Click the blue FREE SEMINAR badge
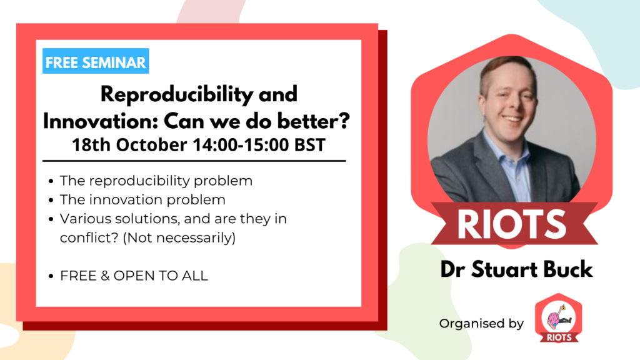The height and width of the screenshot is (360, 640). tap(96, 62)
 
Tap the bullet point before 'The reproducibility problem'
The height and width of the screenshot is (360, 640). tap(51, 182)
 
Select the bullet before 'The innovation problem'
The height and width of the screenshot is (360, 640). tap(51, 201)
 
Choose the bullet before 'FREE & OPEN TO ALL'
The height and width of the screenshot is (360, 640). tap(51, 276)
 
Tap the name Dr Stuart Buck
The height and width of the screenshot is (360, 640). tap(516, 271)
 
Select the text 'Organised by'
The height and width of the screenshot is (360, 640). tap(481, 324)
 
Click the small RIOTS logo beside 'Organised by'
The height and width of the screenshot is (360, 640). tap(557, 319)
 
